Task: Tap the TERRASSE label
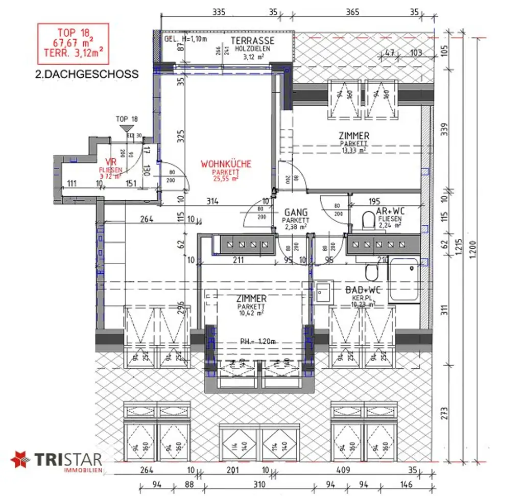(x=252, y=41)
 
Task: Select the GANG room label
(x=296, y=212)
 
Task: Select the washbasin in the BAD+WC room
(x=323, y=294)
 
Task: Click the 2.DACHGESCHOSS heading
(x=86, y=74)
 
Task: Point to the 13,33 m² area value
(x=354, y=150)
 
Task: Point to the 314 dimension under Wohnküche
(x=212, y=201)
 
